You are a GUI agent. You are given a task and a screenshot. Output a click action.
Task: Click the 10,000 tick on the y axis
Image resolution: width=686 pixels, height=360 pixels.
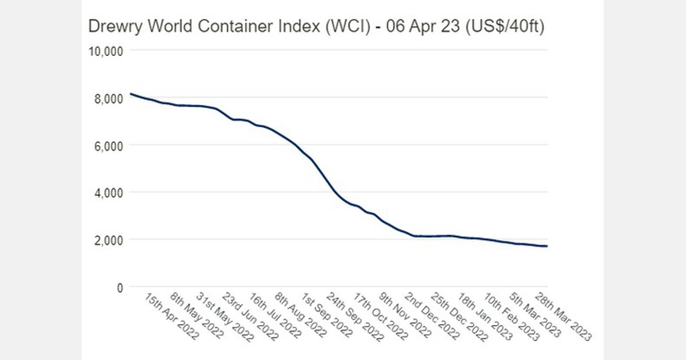[x=106, y=51]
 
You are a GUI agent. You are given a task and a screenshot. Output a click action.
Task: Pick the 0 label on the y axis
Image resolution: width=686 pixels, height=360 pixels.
[x=119, y=288]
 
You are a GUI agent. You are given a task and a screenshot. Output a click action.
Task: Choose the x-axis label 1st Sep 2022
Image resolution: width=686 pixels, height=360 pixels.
[x=329, y=315]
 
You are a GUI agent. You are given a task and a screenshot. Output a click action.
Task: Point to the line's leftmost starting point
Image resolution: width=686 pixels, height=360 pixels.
[x=131, y=94]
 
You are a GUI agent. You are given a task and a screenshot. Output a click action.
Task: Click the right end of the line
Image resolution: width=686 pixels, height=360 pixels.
[x=547, y=246]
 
